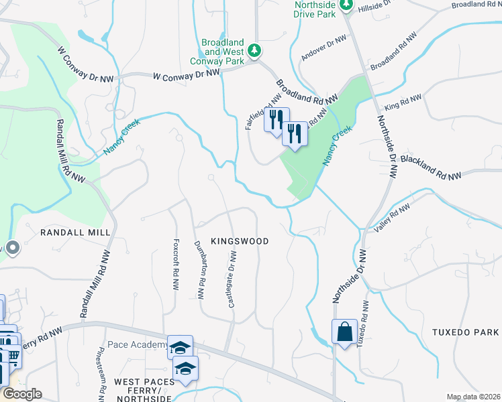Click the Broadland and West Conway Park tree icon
(254, 50)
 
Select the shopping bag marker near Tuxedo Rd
(344, 332)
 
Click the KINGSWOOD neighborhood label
(240, 241)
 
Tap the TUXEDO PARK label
(465, 332)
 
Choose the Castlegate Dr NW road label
(232, 281)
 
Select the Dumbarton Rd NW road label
(199, 267)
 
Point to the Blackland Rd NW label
(430, 167)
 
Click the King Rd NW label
(402, 103)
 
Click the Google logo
(22, 394)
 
